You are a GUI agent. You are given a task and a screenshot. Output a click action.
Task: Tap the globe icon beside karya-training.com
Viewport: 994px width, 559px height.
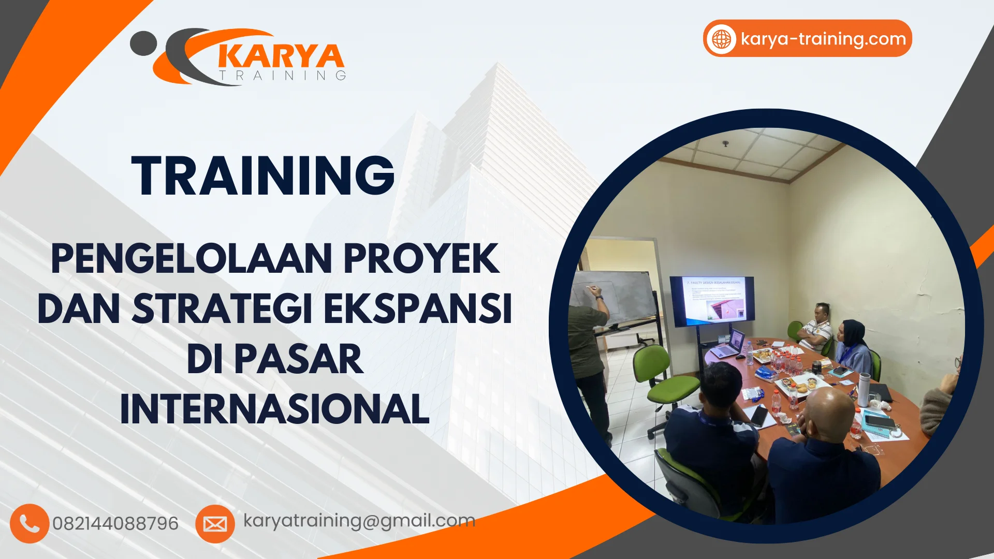tap(721, 39)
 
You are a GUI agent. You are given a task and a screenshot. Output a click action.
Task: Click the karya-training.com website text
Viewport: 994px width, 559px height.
tap(823, 39)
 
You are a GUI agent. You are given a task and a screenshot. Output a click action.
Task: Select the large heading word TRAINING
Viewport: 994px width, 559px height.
tap(263, 176)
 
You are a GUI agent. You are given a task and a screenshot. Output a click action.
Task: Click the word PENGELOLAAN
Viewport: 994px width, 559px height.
tap(192, 259)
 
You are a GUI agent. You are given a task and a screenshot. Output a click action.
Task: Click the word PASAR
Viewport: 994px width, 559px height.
tap(299, 359)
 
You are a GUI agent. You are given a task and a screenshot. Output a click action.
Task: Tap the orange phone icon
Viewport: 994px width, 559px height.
tap(29, 523)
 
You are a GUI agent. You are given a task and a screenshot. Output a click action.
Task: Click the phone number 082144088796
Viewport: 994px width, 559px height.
tap(115, 524)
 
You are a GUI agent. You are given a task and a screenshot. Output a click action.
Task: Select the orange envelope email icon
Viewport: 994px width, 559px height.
tap(215, 524)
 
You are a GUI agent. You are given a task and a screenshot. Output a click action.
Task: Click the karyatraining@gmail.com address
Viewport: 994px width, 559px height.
tap(359, 521)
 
